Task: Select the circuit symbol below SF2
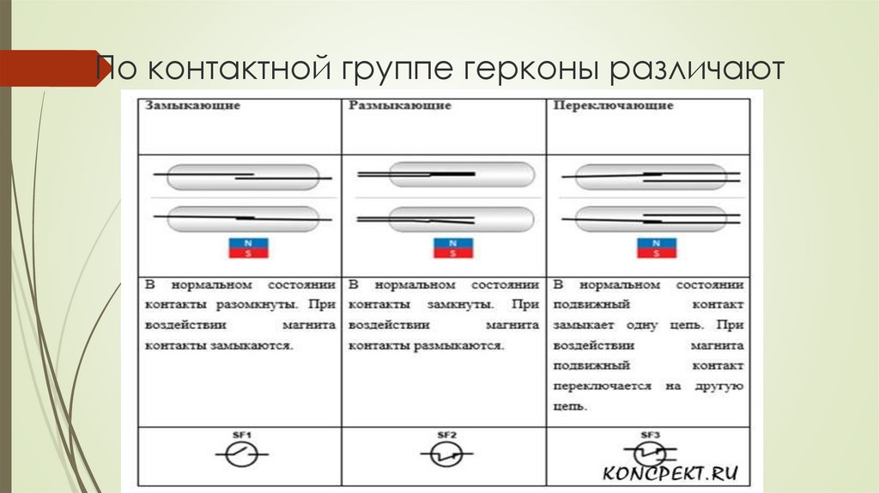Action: tap(444, 454)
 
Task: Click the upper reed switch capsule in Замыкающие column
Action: tap(242, 178)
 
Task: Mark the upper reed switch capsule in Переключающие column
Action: tap(651, 178)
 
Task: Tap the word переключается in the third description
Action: tap(603, 386)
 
